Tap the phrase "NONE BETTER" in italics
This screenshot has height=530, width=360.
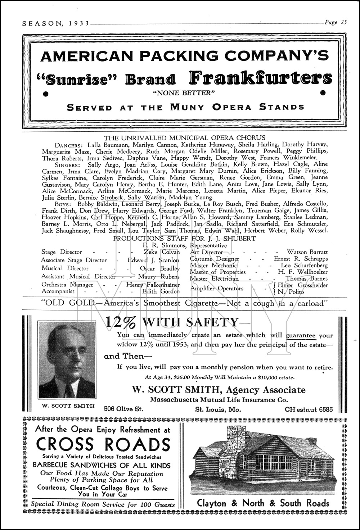tap(184, 93)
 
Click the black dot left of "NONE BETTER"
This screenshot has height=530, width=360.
tap(46, 94)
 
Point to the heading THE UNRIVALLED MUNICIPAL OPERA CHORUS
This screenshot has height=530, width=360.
tap(184, 137)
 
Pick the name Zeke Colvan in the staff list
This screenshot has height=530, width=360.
tap(162, 252)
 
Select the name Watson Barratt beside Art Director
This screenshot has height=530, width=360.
tap(307, 252)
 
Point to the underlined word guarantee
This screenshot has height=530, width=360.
tap(301, 335)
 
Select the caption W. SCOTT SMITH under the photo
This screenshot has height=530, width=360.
tap(68, 406)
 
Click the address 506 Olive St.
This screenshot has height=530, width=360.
tap(123, 409)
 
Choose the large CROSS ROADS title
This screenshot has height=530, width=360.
tap(103, 444)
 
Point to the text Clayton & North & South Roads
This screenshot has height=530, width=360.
tap(263, 503)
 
